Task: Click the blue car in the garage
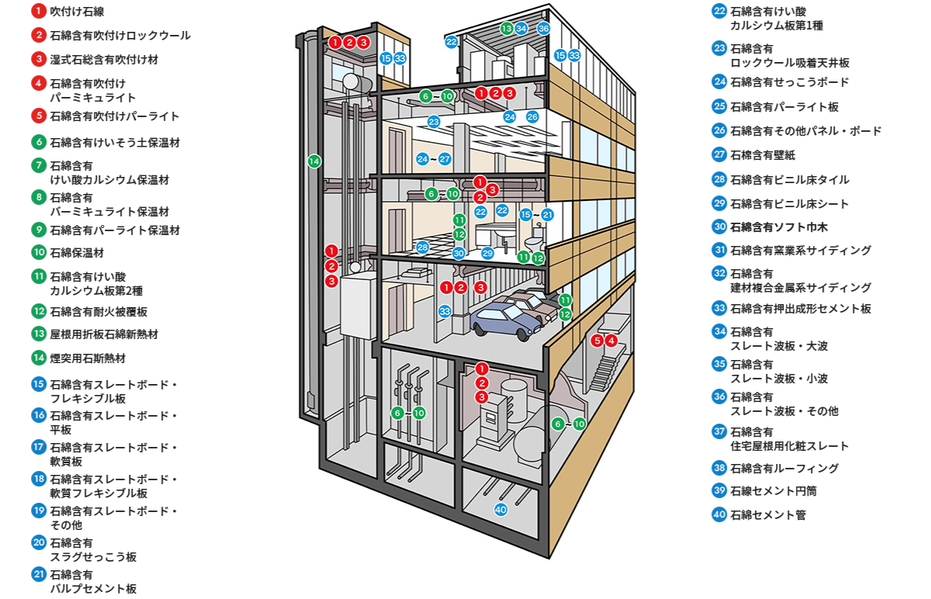pyautogui.click(x=503, y=319)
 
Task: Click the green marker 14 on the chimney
pyautogui.click(x=314, y=161)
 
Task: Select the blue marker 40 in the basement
pyautogui.click(x=501, y=510)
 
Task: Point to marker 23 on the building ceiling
pyautogui.click(x=434, y=122)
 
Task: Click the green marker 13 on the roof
pyautogui.click(x=507, y=29)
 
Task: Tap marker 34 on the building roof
pyautogui.click(x=521, y=29)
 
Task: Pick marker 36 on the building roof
pyautogui.click(x=544, y=29)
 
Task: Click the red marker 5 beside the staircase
pyautogui.click(x=597, y=340)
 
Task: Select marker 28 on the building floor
pyautogui.click(x=423, y=248)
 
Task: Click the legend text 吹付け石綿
pyautogui.click(x=77, y=12)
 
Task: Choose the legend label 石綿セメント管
pyautogui.click(x=768, y=514)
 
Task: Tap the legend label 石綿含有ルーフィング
pyautogui.click(x=784, y=469)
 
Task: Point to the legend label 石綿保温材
pyautogui.click(x=77, y=252)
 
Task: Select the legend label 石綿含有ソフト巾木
pyautogui.click(x=779, y=227)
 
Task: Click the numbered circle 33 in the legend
pyautogui.click(x=719, y=308)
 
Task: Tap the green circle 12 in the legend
pyautogui.click(x=39, y=312)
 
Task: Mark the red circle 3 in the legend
pyautogui.click(x=39, y=59)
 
